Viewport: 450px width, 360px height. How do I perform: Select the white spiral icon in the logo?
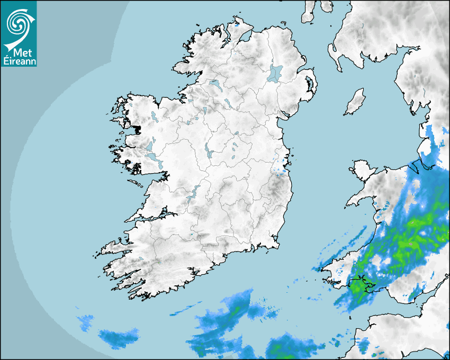click(x=18, y=24)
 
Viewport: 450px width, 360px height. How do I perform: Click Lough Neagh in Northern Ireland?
click(x=275, y=73)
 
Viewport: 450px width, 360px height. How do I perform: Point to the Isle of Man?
click(x=355, y=102)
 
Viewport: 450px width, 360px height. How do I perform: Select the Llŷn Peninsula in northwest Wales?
click(x=360, y=199)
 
